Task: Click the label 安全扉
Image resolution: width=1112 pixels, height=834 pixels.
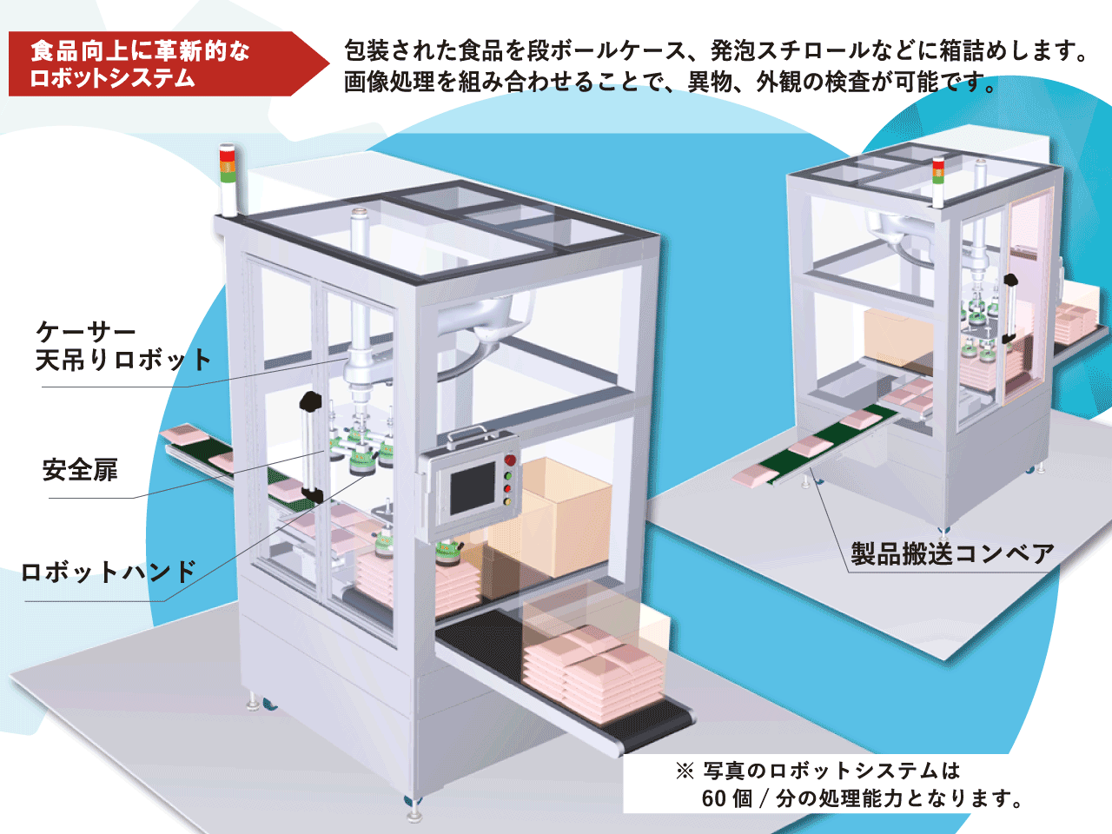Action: click(80, 470)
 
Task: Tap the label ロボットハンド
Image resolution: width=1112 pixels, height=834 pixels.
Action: click(109, 573)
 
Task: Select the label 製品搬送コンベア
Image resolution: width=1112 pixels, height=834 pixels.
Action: click(952, 553)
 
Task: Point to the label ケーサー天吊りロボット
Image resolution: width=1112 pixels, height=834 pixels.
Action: click(122, 346)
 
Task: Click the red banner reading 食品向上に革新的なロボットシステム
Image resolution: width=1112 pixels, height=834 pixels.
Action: click(156, 64)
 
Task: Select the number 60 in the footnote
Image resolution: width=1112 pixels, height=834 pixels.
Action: click(714, 798)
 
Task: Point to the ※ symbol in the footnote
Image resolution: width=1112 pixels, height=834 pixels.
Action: click(685, 771)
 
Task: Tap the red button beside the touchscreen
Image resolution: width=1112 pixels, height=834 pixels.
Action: click(510, 460)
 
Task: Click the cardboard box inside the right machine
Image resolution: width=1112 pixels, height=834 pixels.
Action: click(898, 339)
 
